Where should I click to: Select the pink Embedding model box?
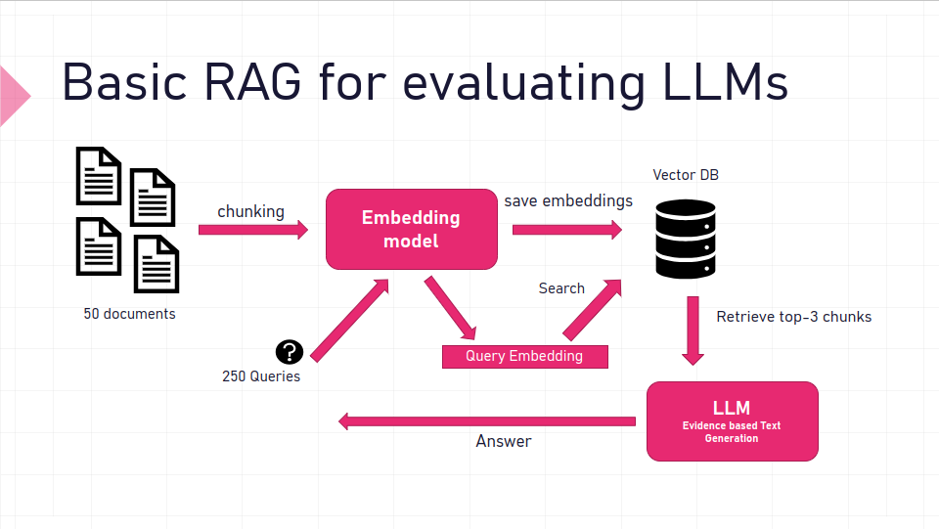click(411, 229)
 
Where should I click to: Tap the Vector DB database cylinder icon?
click(685, 240)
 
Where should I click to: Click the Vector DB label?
click(686, 175)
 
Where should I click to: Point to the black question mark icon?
click(290, 352)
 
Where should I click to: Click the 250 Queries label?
click(261, 376)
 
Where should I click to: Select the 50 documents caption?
click(129, 314)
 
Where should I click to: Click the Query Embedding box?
click(524, 356)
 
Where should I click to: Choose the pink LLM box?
click(732, 420)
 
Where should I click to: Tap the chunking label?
click(250, 211)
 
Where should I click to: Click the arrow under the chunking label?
click(252, 230)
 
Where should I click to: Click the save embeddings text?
click(568, 200)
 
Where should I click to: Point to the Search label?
click(561, 288)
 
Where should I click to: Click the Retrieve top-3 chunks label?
click(793, 317)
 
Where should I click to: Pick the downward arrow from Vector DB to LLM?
click(693, 331)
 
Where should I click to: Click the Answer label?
click(504, 441)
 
